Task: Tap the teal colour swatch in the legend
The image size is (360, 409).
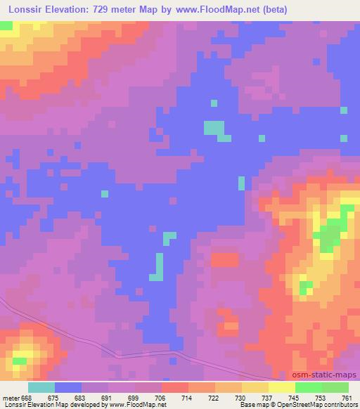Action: coord(41,387)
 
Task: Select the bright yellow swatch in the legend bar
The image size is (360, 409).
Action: coord(281,387)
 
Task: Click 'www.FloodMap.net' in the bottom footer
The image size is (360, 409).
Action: coord(136,405)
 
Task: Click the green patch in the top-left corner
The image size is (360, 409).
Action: coord(6,25)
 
